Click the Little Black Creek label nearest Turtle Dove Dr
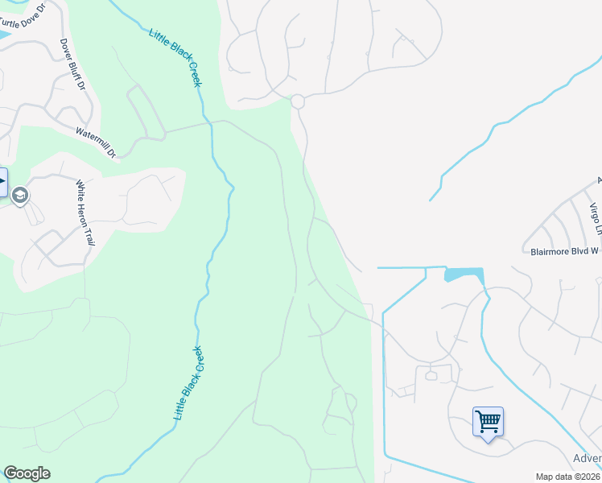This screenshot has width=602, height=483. click(175, 58)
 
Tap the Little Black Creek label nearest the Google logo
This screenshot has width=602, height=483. click(189, 383)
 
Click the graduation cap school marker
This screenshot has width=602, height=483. click(20, 195)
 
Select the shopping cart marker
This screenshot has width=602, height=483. click(488, 421)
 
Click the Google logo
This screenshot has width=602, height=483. click(27, 473)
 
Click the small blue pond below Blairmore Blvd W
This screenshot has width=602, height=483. click(464, 275)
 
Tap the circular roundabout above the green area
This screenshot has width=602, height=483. click(297, 101)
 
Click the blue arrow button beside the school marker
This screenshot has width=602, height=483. click(2, 181)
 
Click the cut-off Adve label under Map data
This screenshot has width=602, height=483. click(587, 459)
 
